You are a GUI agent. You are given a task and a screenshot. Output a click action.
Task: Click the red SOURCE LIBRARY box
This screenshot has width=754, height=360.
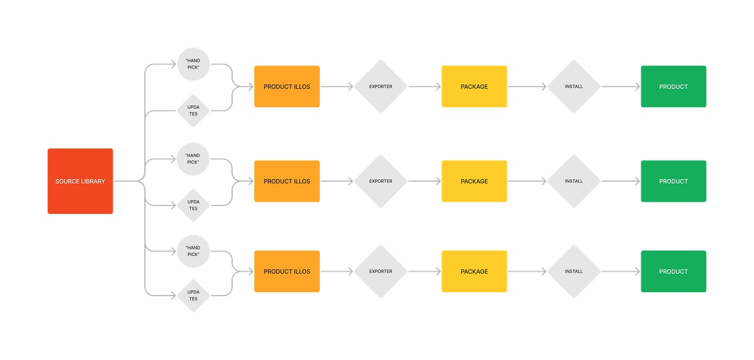(80, 181)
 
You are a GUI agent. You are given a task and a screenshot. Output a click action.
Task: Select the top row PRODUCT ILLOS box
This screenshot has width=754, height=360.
(286, 87)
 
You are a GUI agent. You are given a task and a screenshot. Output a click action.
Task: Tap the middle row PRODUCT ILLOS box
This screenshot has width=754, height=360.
(286, 181)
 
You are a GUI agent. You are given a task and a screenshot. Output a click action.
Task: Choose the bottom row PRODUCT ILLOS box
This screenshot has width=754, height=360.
(286, 272)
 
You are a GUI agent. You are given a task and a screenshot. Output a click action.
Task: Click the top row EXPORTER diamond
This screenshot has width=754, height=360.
(380, 87)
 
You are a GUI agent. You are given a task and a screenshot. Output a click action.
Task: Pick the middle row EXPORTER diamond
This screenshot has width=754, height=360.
(380, 181)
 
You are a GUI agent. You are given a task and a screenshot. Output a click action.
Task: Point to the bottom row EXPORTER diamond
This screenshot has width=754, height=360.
(380, 272)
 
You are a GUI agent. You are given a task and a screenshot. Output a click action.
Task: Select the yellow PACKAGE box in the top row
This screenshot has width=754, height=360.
(474, 87)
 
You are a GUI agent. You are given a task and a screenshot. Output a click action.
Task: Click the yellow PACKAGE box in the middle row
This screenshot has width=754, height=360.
(474, 181)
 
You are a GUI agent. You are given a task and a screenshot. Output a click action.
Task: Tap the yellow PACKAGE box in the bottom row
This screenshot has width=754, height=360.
(474, 272)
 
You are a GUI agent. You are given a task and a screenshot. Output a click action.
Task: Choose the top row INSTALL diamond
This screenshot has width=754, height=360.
(574, 87)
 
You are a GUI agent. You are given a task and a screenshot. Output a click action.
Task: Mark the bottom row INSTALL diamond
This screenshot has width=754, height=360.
(574, 272)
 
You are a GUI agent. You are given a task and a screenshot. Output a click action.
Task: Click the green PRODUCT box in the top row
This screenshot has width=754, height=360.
(673, 87)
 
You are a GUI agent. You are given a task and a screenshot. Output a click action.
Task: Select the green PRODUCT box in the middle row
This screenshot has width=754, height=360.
(673, 181)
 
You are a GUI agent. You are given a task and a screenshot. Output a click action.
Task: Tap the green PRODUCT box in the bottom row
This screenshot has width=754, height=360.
(673, 272)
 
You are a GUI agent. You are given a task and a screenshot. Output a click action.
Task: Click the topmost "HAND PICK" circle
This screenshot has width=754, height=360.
(193, 64)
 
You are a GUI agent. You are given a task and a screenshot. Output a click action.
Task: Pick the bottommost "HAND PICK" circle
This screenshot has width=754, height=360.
(193, 251)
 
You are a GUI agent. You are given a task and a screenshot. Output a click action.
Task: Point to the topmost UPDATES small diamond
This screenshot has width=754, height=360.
(193, 110)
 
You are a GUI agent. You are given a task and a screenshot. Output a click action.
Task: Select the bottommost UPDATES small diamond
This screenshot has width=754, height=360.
(193, 295)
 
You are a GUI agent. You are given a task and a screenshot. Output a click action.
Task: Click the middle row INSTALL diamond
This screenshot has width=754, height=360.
(574, 181)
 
